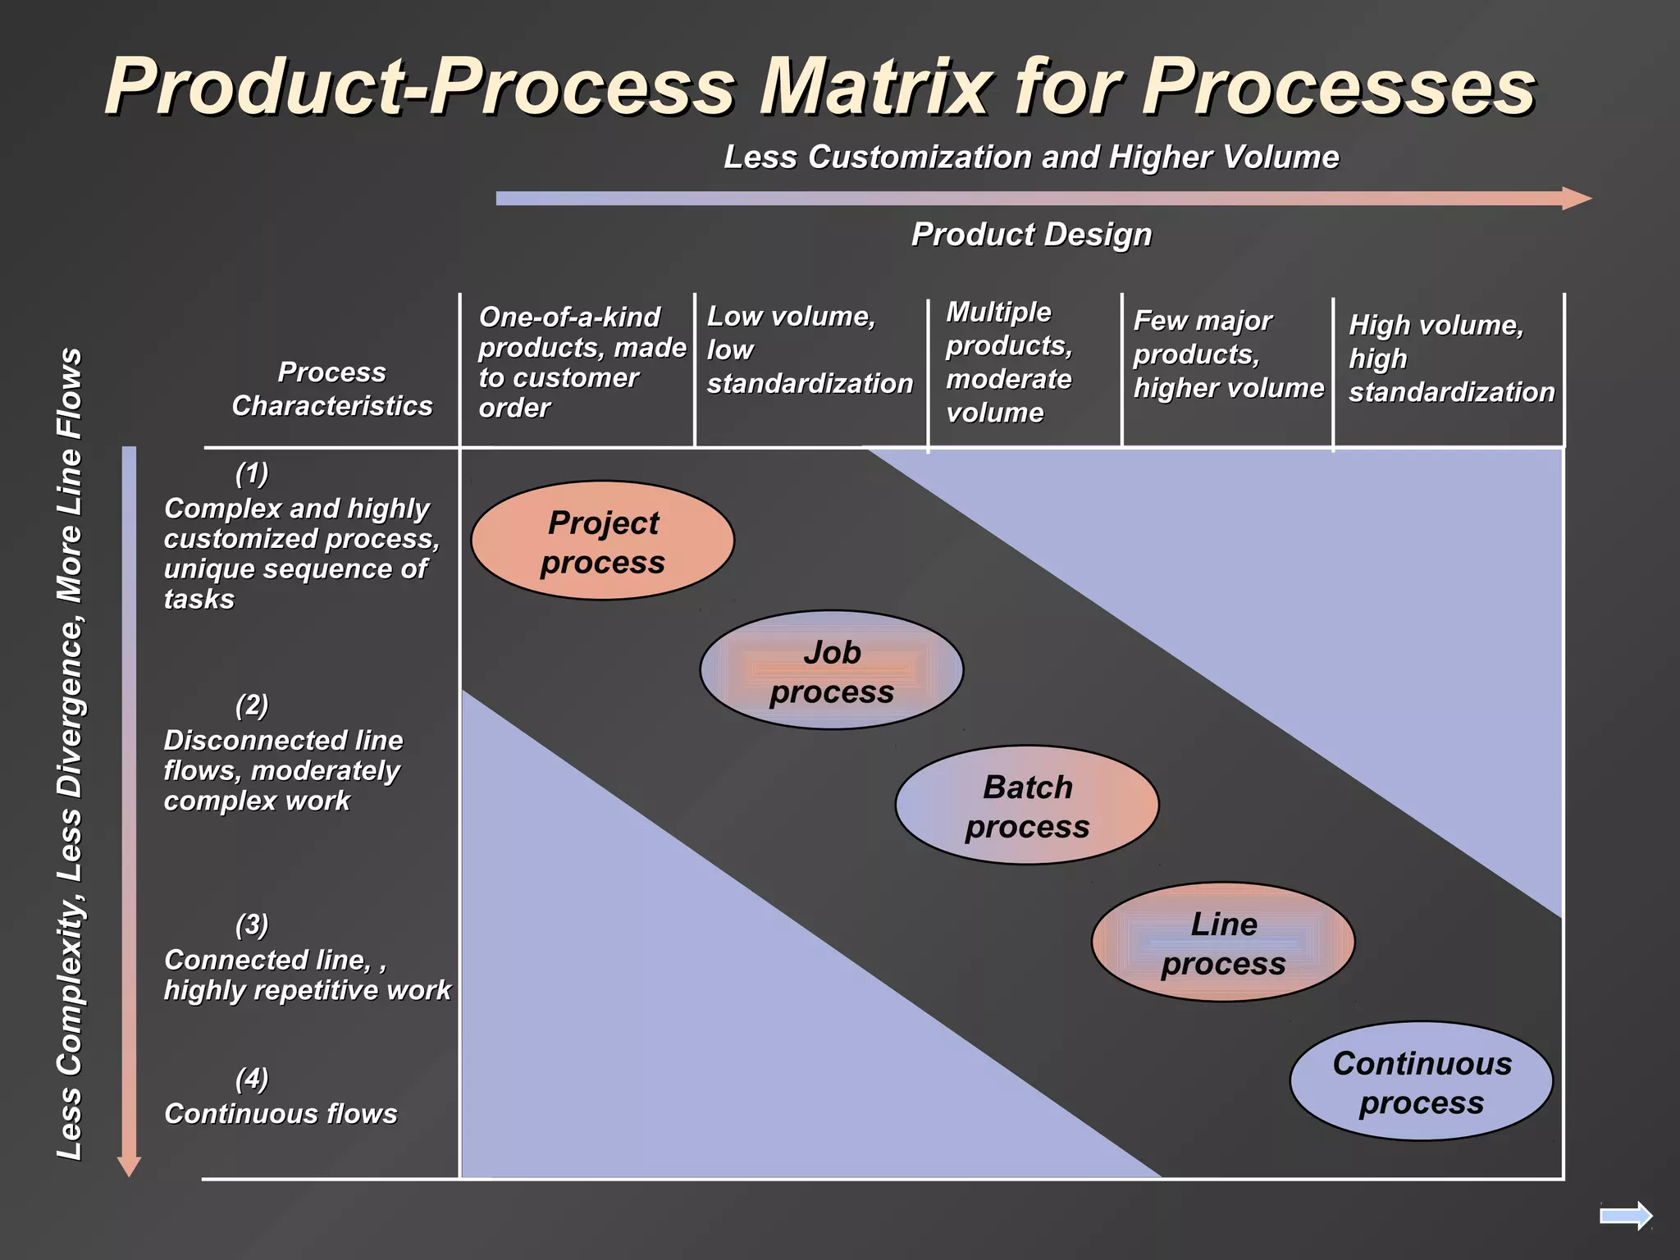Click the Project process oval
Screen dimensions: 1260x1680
click(x=602, y=541)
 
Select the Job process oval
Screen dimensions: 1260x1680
click(x=831, y=670)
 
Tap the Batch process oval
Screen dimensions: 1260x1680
click(x=1026, y=806)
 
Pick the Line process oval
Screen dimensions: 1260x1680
click(x=1222, y=943)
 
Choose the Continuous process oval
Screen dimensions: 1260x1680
click(x=1421, y=1081)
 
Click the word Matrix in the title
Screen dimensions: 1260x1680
click(x=874, y=86)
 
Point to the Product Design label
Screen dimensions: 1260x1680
click(x=1031, y=235)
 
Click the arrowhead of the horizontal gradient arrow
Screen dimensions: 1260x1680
click(x=1576, y=199)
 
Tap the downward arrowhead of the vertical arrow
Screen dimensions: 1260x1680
click(x=130, y=1166)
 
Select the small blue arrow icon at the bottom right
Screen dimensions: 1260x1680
click(x=1626, y=1216)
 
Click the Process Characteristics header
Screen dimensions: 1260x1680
click(x=331, y=389)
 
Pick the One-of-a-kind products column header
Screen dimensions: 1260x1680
click(x=581, y=362)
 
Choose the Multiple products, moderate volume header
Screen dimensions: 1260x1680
click(x=1008, y=362)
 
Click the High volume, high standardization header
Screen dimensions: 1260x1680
click(x=1450, y=358)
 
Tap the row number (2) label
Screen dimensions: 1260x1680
click(x=252, y=705)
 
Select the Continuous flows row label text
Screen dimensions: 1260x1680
click(x=281, y=1114)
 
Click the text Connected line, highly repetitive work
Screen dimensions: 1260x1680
click(x=307, y=975)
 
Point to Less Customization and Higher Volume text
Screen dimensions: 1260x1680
click(x=1031, y=157)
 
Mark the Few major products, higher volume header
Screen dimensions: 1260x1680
click(x=1227, y=354)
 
